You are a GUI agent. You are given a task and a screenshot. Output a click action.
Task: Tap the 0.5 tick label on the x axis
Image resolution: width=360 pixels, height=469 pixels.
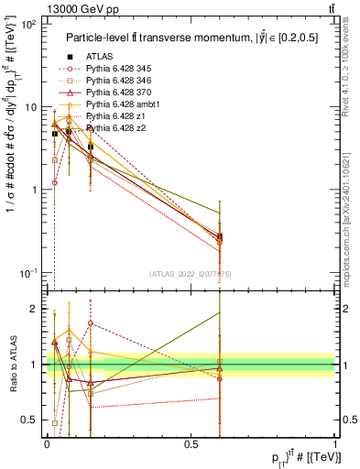(191, 444)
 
